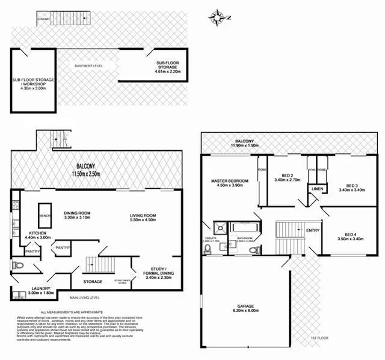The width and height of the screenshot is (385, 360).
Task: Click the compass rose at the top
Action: (217, 17)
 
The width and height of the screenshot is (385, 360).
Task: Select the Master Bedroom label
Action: (229, 181)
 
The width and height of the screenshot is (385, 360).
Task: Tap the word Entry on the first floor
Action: (313, 230)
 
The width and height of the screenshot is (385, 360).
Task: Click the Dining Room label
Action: (76, 212)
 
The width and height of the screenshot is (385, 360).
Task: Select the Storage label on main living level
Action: (93, 281)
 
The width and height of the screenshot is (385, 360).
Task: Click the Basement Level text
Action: (88, 65)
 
